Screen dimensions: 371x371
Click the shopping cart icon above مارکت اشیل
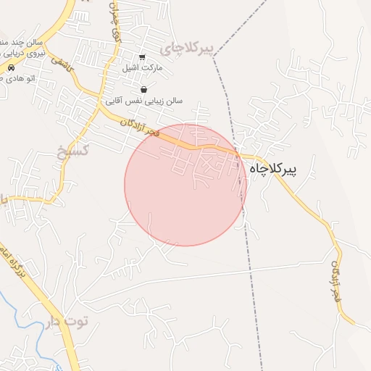pyautogui.click(x=143, y=56)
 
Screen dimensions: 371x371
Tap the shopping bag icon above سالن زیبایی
pyautogui.click(x=143, y=90)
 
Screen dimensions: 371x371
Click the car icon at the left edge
pyautogui.click(x=12, y=67)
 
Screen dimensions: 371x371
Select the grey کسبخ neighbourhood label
pyautogui.click(x=72, y=151)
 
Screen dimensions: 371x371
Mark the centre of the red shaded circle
pyautogui.click(x=185, y=185)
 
